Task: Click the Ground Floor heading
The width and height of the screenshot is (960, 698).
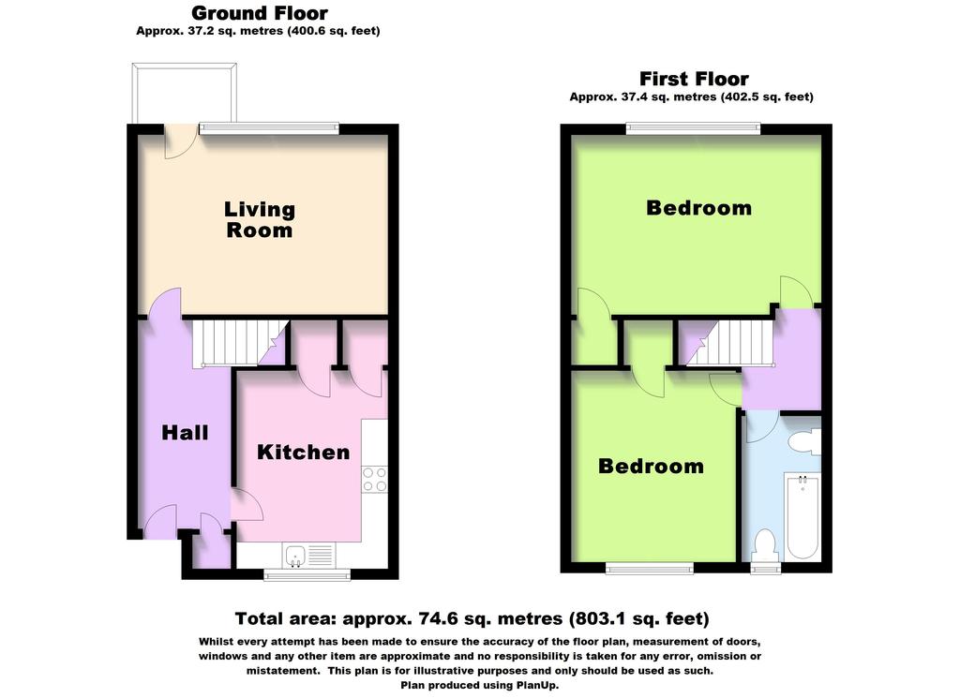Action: pos(260,13)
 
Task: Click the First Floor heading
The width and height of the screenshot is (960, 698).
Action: pos(694,79)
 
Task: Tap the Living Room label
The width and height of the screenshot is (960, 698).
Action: pos(260,219)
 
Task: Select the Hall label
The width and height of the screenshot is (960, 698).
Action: pos(185,433)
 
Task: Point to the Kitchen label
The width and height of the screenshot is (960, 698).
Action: pos(303,453)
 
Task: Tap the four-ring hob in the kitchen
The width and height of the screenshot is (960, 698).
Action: pos(374,480)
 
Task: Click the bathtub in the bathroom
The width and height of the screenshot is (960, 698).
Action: pos(802,517)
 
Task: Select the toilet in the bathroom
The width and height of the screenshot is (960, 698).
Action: pos(765,545)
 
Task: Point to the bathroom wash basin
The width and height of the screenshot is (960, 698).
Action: pos(805,441)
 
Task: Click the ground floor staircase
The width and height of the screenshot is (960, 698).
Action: pos(241,343)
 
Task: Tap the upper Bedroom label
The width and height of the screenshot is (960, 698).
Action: pos(698,208)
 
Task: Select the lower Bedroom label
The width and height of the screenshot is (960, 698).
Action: pos(651,467)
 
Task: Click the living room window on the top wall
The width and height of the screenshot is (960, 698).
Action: pos(269,128)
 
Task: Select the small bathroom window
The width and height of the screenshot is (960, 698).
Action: pos(766,569)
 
